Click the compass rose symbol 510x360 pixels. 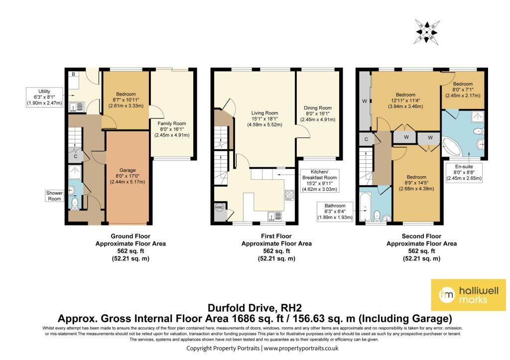point(427,32)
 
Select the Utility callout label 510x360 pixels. point(44,97)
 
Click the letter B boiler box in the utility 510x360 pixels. point(74,74)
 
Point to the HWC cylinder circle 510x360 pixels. point(219,207)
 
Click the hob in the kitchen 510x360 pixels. point(289,195)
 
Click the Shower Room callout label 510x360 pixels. point(54,196)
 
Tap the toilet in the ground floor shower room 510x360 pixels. point(75,203)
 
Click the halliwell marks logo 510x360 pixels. point(468,295)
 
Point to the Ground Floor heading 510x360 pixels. point(130,236)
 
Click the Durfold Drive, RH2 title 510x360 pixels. point(255,308)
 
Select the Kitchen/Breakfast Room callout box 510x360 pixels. point(319,180)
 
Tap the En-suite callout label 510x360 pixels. point(464,172)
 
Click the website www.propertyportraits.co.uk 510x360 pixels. point(301,348)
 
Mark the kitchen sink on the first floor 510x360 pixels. point(275,216)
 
